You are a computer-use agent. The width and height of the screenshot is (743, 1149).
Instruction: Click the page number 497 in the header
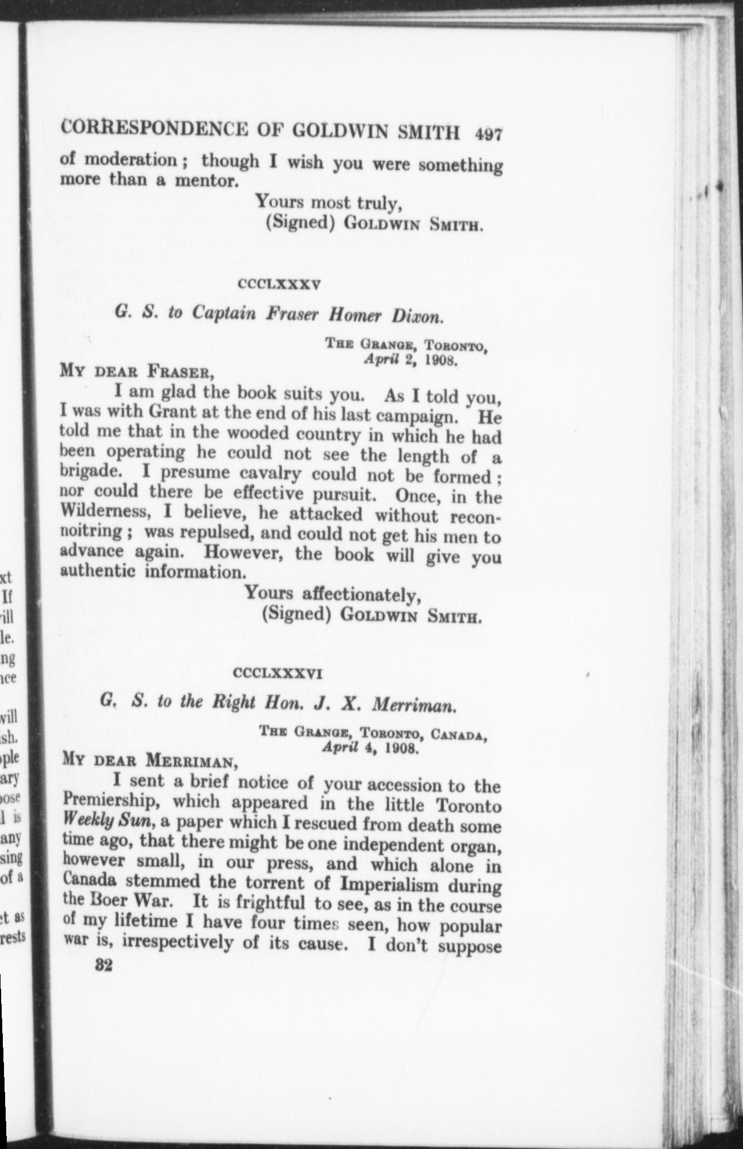(488, 134)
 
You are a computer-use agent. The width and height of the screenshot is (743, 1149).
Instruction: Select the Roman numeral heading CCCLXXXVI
(279, 674)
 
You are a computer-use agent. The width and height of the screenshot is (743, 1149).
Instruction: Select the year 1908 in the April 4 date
(402, 747)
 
